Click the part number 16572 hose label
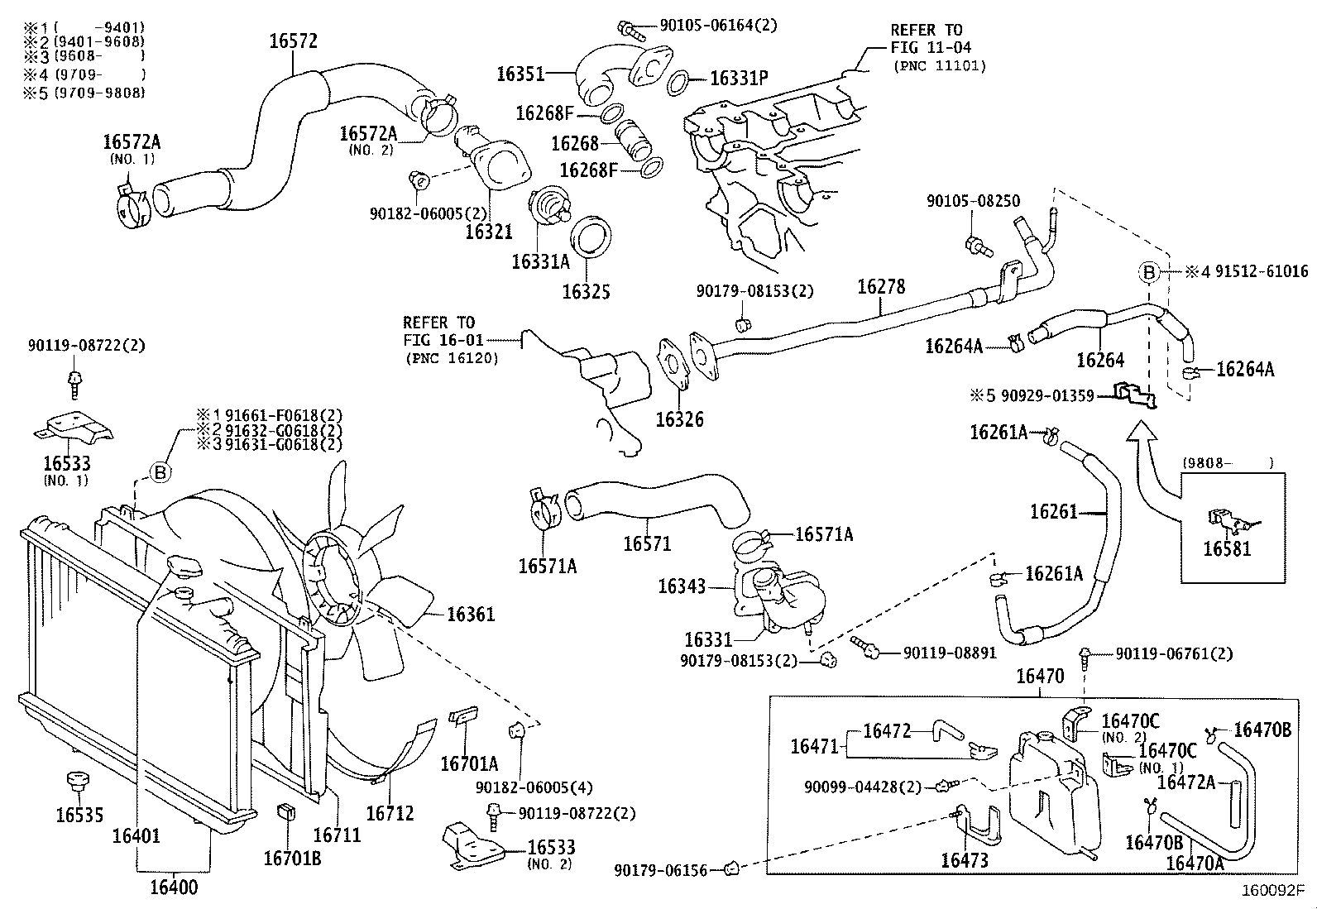pos(294,42)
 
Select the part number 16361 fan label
pos(471,614)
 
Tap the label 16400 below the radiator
pos(174,887)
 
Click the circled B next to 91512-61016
pos(1149,271)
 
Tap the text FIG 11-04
pos(931,48)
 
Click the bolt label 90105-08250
pos(973,201)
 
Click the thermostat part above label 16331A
pos(549,210)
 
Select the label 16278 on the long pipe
pos(881,287)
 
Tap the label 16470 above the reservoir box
pos(1040,677)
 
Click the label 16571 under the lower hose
pos(647,543)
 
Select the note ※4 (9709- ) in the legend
pos(83,74)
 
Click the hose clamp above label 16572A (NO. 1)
pos(129,203)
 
